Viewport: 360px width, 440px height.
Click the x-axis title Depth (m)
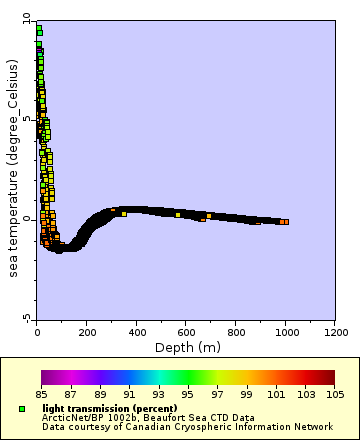pos(186,347)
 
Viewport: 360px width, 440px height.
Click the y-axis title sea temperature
pos(13,169)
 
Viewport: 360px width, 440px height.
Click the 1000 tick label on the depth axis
pos(286,331)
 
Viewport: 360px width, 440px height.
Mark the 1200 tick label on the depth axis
pos(336,331)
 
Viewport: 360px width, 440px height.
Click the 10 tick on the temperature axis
pos(27,20)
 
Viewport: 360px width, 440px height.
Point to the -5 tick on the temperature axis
pos(28,318)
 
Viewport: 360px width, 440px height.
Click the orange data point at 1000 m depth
pos(285,222)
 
